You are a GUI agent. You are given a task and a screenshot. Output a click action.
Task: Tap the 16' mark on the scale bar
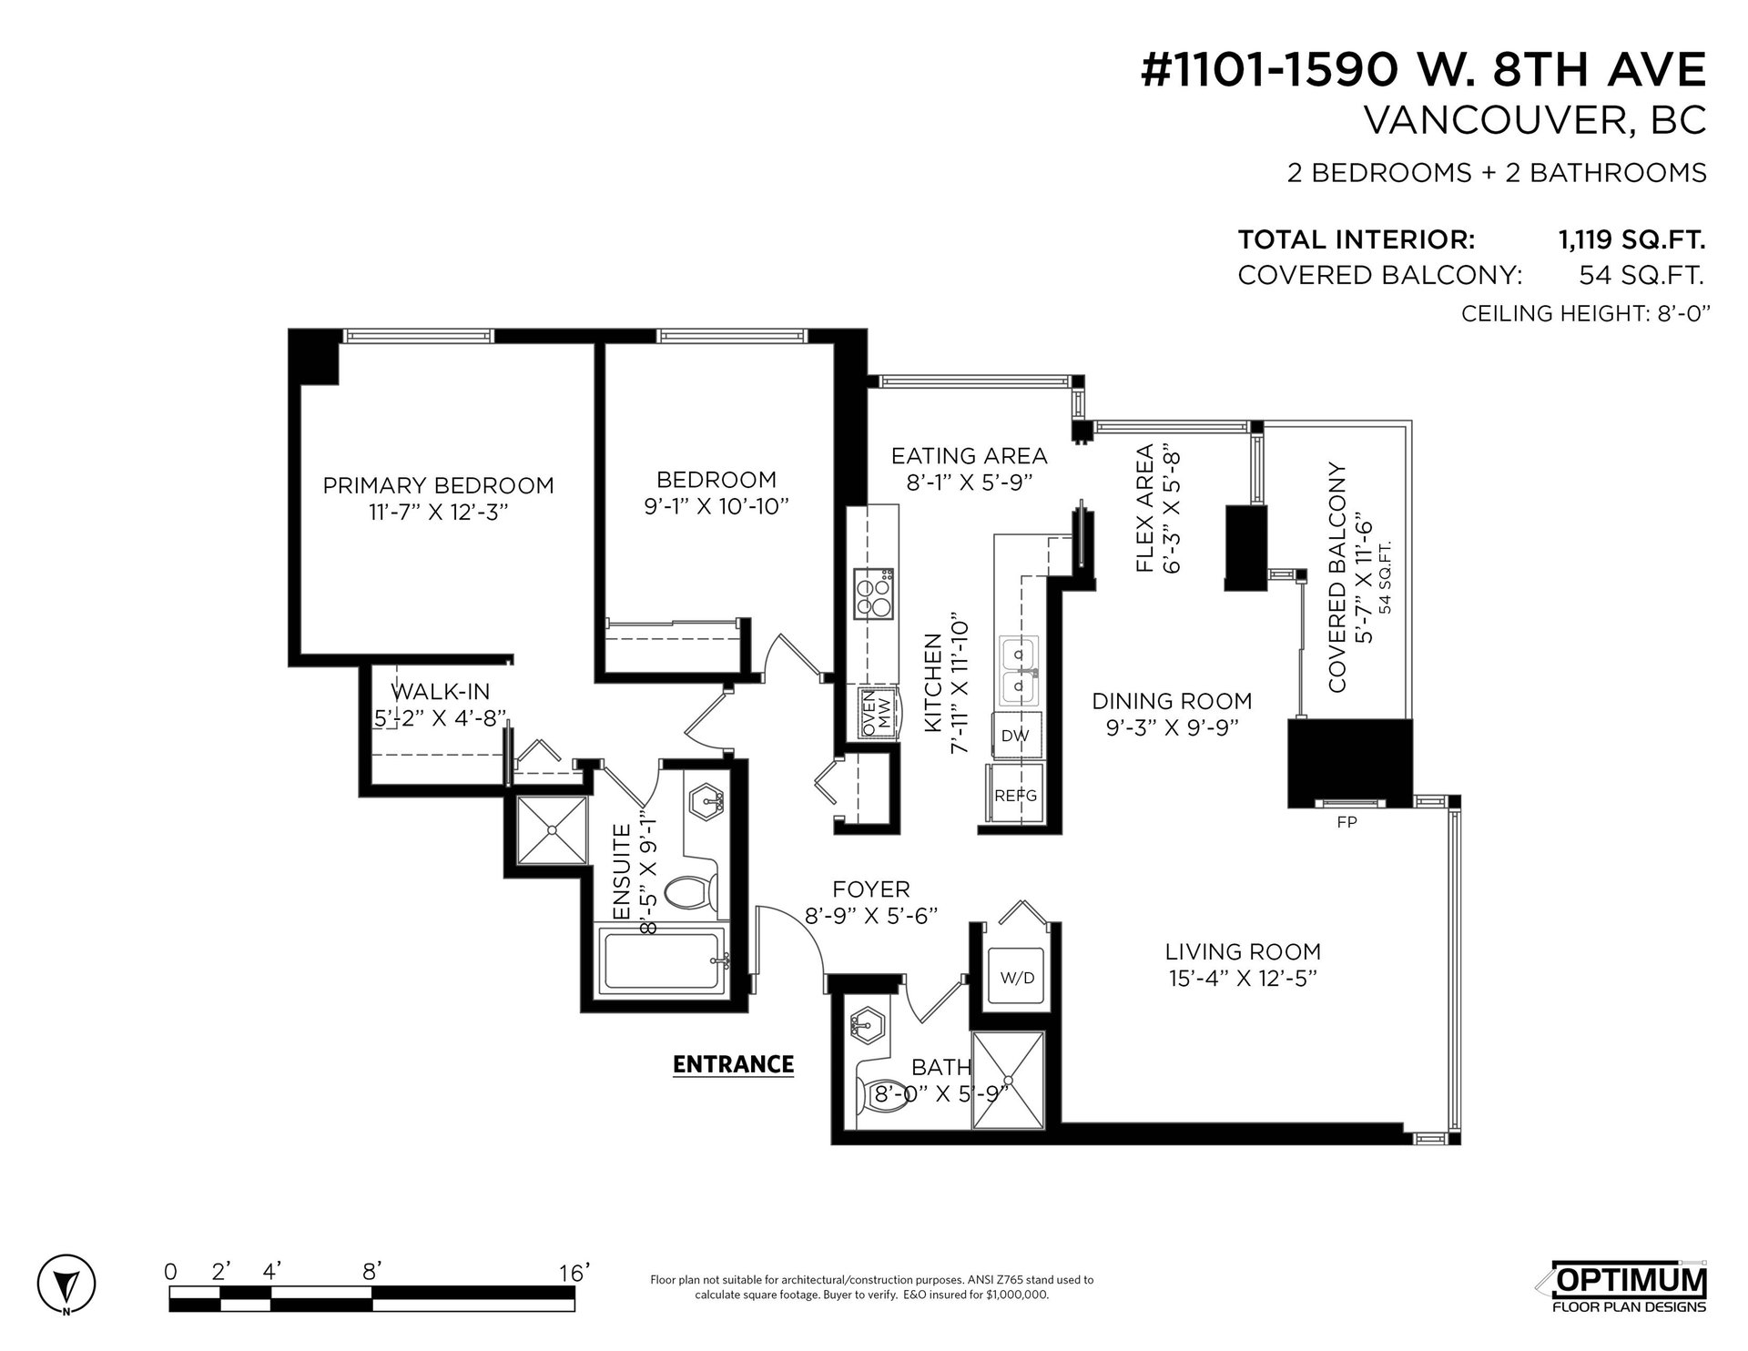575,1273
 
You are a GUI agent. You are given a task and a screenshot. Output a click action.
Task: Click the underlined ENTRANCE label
733,1064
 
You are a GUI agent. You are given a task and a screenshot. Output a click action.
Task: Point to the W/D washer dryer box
1017,978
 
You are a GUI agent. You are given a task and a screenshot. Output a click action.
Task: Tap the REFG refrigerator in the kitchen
1014,795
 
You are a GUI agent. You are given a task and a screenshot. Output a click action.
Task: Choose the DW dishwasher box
1015,735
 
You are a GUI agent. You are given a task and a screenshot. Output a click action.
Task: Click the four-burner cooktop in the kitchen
872,594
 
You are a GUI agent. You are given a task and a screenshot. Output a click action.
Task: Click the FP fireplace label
1347,822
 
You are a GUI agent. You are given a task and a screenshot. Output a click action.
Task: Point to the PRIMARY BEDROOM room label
438,485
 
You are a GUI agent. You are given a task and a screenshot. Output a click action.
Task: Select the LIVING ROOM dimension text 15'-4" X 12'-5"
1243,979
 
